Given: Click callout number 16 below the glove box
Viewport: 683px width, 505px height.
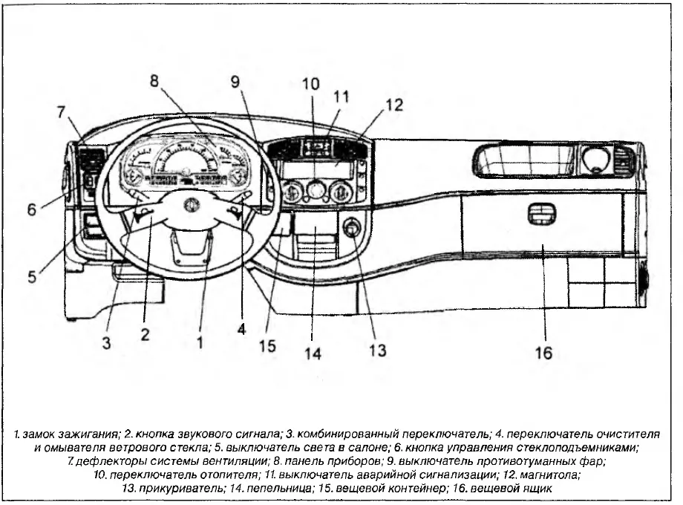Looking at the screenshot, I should (x=543, y=353).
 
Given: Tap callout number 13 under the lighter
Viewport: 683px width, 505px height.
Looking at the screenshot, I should (x=378, y=350).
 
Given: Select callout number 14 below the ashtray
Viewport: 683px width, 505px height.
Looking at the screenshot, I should (x=313, y=353).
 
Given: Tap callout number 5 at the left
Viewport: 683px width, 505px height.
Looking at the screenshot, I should (x=32, y=276).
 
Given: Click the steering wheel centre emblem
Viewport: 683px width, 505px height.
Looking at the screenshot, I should (x=190, y=204).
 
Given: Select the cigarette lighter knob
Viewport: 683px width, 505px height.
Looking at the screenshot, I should (x=352, y=227).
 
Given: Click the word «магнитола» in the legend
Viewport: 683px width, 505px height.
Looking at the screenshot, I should (x=552, y=475).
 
